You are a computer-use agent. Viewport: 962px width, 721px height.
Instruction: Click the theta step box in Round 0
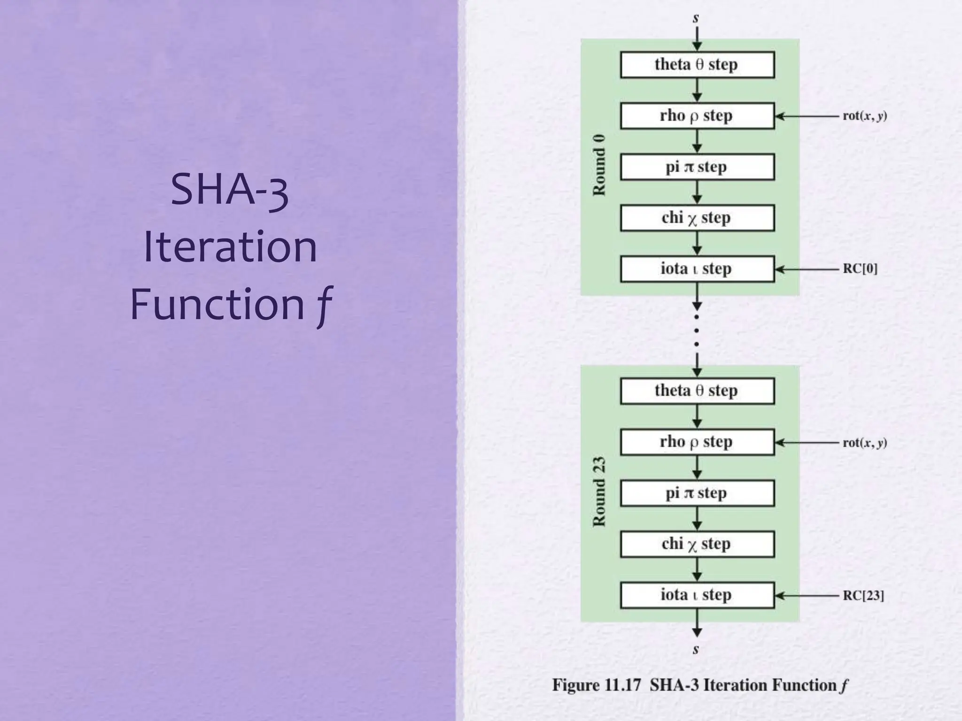click(x=697, y=65)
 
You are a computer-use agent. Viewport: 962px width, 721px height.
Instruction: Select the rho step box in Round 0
click(x=697, y=116)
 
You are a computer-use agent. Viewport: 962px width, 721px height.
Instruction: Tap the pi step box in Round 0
click(x=697, y=167)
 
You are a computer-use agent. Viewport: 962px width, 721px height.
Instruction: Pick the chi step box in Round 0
click(x=697, y=218)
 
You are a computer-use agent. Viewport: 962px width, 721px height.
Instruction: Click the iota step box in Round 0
click(x=697, y=269)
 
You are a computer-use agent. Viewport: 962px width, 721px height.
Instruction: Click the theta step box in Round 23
click(x=697, y=391)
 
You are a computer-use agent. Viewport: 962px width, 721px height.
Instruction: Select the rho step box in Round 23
click(x=697, y=442)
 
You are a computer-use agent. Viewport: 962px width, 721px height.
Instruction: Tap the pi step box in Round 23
click(x=697, y=493)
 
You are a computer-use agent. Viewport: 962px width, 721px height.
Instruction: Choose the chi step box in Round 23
click(x=697, y=544)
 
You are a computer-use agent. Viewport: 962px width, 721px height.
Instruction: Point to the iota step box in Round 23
click(x=697, y=595)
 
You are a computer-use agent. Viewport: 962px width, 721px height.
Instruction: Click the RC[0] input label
click(x=860, y=269)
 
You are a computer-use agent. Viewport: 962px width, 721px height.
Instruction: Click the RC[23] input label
click(x=863, y=596)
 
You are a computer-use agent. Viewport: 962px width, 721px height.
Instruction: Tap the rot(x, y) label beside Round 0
click(x=864, y=116)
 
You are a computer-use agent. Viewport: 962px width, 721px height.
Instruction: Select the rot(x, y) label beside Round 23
click(x=864, y=443)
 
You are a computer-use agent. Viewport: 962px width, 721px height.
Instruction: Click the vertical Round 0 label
click(x=599, y=165)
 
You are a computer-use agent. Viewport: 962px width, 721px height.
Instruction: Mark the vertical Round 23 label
click(x=599, y=491)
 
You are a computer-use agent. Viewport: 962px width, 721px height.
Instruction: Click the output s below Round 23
click(x=696, y=650)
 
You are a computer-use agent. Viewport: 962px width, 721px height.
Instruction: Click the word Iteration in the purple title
click(x=230, y=247)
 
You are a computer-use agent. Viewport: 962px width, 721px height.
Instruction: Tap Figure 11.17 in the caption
click(x=596, y=685)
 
